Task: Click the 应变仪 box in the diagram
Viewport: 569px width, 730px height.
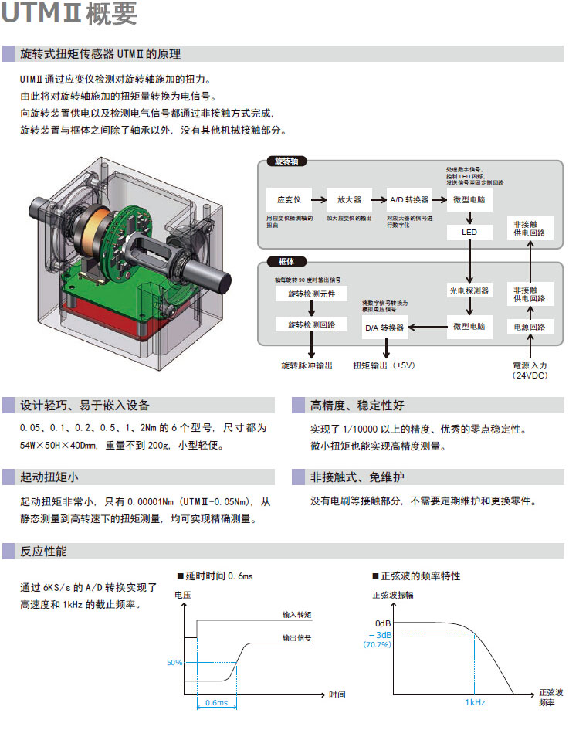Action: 289,200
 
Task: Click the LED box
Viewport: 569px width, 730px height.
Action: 469,233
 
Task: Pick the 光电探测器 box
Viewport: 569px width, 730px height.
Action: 469,291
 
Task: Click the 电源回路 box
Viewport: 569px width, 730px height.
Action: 530,328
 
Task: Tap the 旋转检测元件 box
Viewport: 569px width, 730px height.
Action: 312,294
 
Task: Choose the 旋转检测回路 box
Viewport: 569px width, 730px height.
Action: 312,324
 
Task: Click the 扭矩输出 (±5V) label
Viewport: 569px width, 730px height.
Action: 384,365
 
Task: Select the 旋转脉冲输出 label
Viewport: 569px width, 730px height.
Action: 307,365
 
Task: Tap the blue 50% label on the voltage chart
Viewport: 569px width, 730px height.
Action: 174,662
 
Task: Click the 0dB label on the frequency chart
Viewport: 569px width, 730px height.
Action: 384,623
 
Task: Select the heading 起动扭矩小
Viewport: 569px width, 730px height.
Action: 49,477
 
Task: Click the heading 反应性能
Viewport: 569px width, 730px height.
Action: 44,552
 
